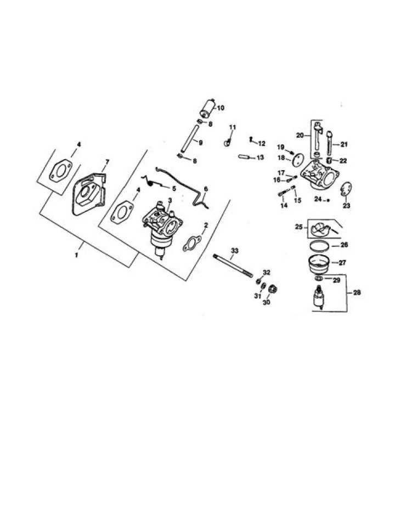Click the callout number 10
[221, 108]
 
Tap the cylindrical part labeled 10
[207, 109]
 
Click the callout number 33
[234, 250]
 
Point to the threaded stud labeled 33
[233, 266]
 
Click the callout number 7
[107, 162]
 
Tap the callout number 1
[77, 255]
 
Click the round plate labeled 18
[297, 161]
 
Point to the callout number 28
[357, 292]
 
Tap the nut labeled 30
[273, 289]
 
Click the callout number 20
[300, 135]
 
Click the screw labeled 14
[283, 194]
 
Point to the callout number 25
[298, 227]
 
